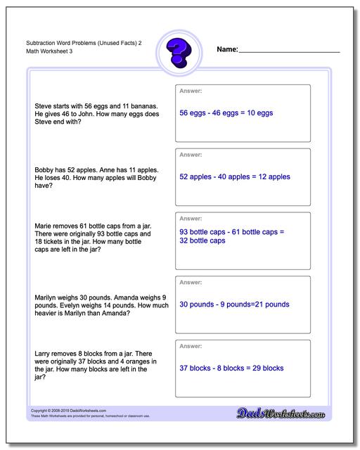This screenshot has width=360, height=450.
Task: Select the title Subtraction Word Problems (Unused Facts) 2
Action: coord(79,44)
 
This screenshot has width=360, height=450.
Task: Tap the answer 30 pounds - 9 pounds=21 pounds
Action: coord(234,304)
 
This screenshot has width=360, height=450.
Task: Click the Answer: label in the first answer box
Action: coord(191,91)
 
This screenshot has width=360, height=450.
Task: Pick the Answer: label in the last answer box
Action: coord(191,346)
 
